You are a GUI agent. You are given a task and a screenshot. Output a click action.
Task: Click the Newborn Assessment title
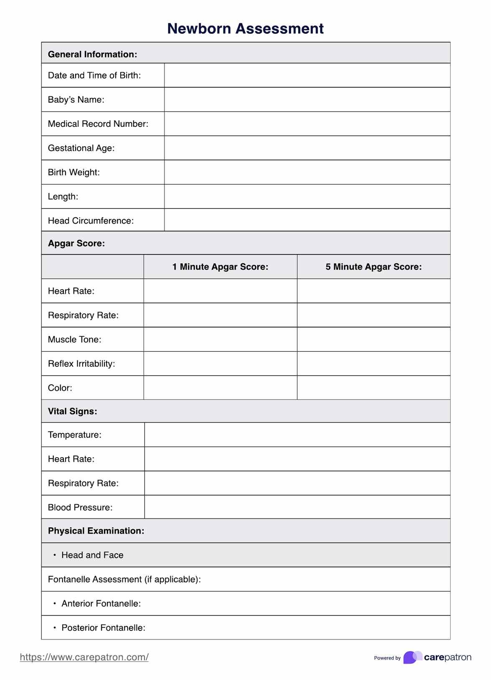click(x=245, y=29)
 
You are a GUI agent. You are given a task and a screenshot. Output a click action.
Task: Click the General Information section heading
click(x=93, y=54)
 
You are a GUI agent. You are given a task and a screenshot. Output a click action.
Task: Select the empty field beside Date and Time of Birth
click(x=307, y=76)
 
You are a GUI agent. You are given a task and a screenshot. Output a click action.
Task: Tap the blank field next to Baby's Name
click(x=307, y=100)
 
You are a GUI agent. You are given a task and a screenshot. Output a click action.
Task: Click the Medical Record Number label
click(x=98, y=124)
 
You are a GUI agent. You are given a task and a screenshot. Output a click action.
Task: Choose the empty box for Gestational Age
click(x=307, y=148)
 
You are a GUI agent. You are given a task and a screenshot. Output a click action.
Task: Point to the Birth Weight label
click(x=74, y=172)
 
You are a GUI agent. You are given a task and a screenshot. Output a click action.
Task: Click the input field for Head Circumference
click(x=307, y=220)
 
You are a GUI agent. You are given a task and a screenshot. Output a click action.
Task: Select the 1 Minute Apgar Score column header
click(x=220, y=267)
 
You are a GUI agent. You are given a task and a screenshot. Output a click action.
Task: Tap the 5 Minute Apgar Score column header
click(x=374, y=267)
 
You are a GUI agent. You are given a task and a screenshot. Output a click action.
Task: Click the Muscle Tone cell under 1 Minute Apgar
click(x=220, y=340)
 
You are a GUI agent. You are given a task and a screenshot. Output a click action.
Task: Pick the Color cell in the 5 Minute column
click(x=374, y=388)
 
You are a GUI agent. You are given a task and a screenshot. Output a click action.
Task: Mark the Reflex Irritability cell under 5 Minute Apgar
click(x=374, y=364)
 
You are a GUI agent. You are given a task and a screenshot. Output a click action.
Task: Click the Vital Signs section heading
click(x=73, y=411)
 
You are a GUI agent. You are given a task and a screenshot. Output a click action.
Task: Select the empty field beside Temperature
click(x=297, y=435)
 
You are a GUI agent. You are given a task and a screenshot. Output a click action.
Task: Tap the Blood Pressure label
click(x=80, y=508)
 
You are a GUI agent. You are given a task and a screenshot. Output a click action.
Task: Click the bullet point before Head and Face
click(x=55, y=555)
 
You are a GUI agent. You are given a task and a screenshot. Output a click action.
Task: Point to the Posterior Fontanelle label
click(x=103, y=628)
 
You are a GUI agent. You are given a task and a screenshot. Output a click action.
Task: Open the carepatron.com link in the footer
click(x=84, y=657)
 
